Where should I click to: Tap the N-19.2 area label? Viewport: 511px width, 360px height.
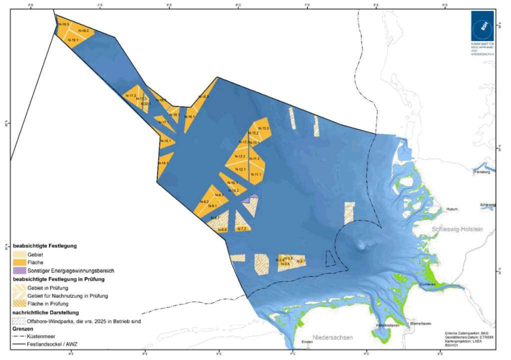pyautogui.click(x=84, y=31)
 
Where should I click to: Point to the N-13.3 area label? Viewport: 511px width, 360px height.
pyautogui.click(x=264, y=128)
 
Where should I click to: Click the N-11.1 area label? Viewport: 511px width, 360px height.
pyautogui.click(x=256, y=174)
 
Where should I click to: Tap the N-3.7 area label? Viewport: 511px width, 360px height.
pyautogui.click(x=301, y=261)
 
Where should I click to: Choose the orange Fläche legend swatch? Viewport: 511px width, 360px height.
pyautogui.click(x=19, y=261)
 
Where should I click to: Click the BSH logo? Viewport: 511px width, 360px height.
pyautogui.click(x=481, y=26)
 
